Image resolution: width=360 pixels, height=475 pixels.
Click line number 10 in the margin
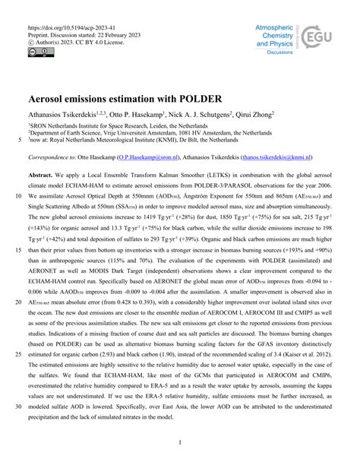coord(17,195)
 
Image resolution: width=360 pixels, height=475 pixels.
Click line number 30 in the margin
coord(17,405)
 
